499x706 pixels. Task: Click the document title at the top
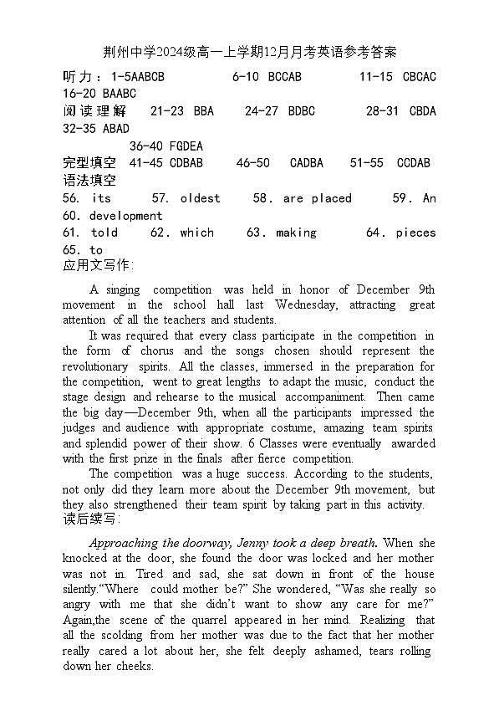point(250,53)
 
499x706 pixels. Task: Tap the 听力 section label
point(80,77)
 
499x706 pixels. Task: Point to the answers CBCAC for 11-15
point(420,77)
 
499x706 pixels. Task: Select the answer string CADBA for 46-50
point(307,163)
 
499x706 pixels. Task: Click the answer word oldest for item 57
point(200,198)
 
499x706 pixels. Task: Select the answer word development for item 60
point(125,216)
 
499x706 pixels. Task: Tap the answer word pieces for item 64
point(416,233)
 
